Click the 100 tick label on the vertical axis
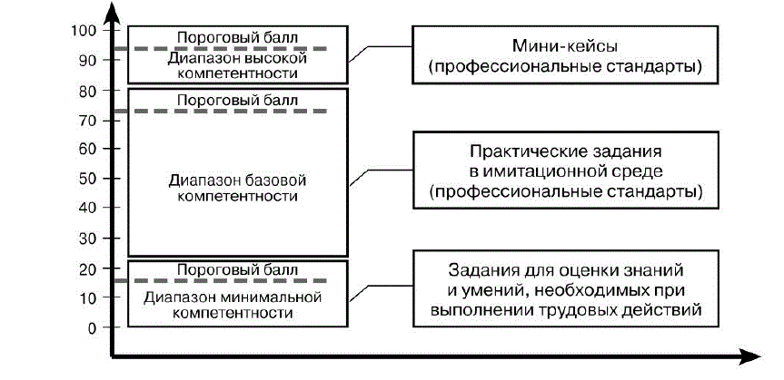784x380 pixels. tap(84, 31)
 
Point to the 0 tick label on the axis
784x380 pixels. tap(91, 328)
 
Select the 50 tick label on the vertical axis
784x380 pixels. tap(87, 179)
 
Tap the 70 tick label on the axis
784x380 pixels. tap(87, 121)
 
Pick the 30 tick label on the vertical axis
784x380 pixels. tap(87, 239)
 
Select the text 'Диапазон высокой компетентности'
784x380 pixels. tap(237, 66)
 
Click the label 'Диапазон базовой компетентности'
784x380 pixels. tap(237, 189)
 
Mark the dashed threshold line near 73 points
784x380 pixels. tap(227, 111)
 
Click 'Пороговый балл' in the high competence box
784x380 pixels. tap(237, 37)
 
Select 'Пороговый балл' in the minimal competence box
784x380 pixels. tap(237, 269)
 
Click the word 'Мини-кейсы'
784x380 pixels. tap(565, 46)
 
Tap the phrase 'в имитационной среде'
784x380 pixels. tap(566, 171)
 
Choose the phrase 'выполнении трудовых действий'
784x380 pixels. tap(566, 310)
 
